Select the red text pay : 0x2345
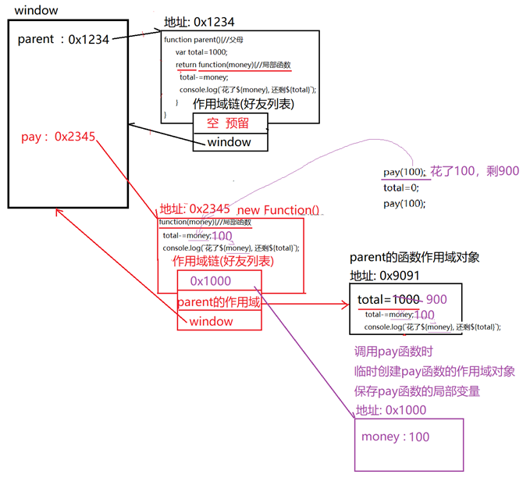point(59,137)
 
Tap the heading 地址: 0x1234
point(199,22)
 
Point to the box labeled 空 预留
point(230,123)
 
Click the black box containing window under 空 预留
point(229,142)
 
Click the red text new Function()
point(278,209)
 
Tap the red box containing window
point(212,321)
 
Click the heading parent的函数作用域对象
point(419,259)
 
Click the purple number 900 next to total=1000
point(436,299)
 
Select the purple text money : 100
point(395,437)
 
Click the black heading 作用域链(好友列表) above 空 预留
point(243,104)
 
